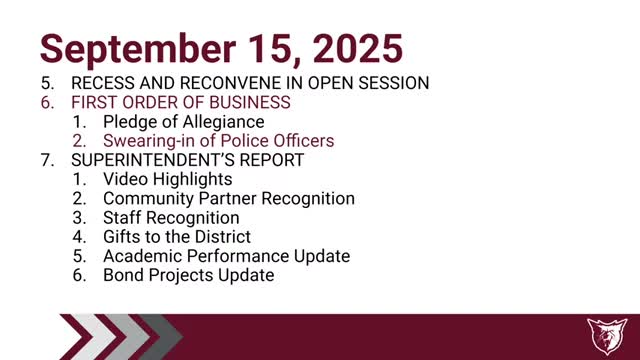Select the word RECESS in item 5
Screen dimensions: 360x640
click(105, 83)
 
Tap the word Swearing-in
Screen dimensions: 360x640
click(148, 141)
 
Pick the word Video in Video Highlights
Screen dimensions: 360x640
click(125, 179)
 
